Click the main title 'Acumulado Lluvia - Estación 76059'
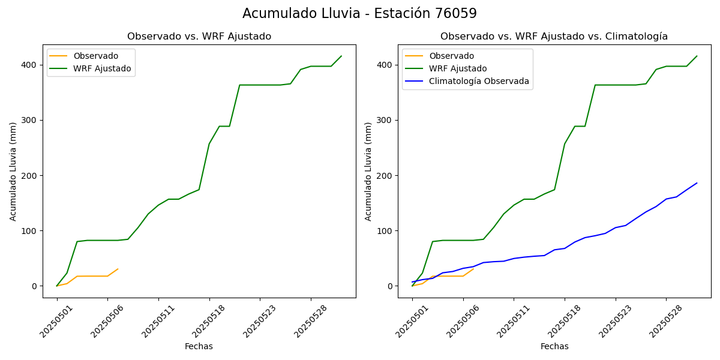[x=359, y=14]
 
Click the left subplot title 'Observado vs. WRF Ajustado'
[x=199, y=37]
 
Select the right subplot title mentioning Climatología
[x=554, y=37]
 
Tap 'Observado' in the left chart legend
[x=96, y=56]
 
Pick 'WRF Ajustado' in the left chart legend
[x=102, y=68]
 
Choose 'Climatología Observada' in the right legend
[x=479, y=82]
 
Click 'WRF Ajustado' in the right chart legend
[x=458, y=68]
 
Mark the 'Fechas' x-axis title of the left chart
[x=199, y=346]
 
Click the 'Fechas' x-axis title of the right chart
[x=554, y=346]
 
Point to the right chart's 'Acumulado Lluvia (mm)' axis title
[x=368, y=171]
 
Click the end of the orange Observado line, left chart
[x=118, y=269]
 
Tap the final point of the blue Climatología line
[x=697, y=183]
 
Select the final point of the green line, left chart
[x=341, y=56]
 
